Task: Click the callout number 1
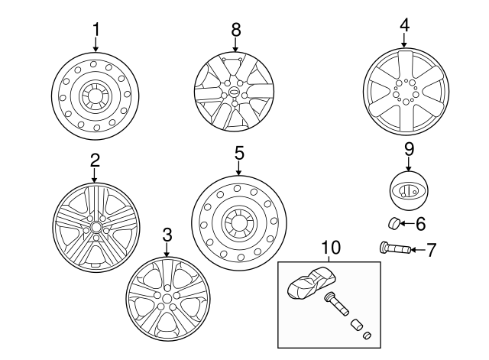point(96,30)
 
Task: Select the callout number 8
point(235,30)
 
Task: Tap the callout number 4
point(404,25)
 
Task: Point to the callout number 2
point(95,161)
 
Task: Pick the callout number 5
point(239,153)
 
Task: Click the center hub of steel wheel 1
point(95,98)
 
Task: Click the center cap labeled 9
point(408,190)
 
